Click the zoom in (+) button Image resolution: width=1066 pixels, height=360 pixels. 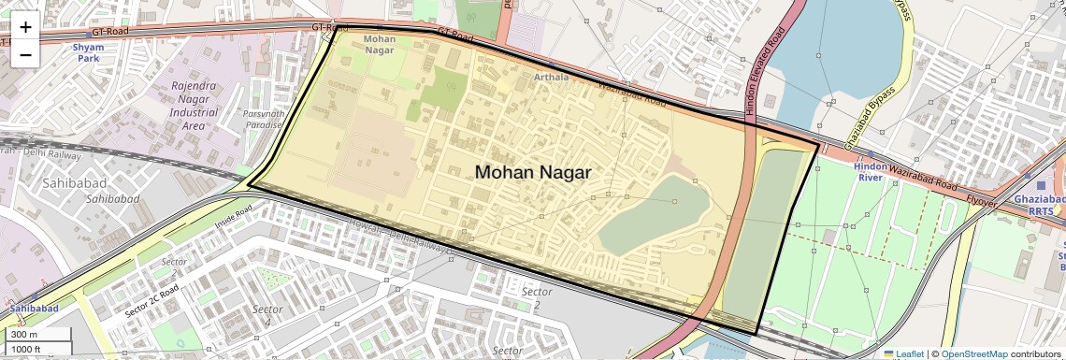[25, 27]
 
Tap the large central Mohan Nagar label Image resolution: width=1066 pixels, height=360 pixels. [533, 172]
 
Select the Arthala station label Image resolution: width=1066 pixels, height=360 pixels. [551, 77]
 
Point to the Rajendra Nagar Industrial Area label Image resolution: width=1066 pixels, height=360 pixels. [194, 106]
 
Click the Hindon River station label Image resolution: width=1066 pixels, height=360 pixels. [870, 170]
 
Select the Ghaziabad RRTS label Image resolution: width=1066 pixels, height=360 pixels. [1039, 205]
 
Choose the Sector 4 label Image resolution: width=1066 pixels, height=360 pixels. [267, 315]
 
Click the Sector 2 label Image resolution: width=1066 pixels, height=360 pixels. [537, 298]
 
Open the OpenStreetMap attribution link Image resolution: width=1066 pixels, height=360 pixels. [973, 353]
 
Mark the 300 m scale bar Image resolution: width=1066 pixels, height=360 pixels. [37, 335]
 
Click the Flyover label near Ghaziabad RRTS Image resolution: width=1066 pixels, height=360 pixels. [981, 201]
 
